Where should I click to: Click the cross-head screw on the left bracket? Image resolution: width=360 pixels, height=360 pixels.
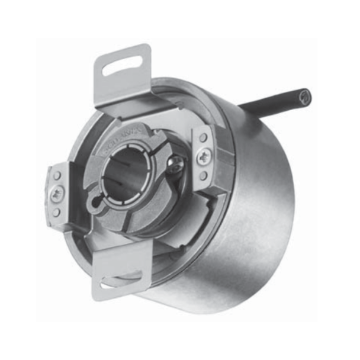click(x=57, y=192)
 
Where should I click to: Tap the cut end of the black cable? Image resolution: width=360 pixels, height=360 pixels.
click(x=305, y=95)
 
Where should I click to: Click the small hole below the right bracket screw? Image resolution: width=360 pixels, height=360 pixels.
click(x=203, y=175)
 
